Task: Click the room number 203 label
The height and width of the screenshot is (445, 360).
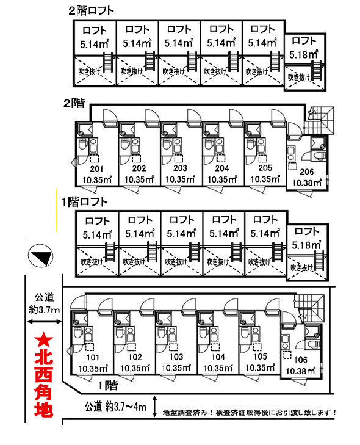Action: point(180,168)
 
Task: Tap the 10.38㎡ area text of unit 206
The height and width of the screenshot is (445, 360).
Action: point(307,182)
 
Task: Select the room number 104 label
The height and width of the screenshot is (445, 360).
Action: point(218,356)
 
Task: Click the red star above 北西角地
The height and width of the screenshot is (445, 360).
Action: point(43,341)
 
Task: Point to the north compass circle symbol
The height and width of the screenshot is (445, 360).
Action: point(40,255)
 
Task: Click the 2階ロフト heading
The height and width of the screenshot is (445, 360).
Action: point(91,11)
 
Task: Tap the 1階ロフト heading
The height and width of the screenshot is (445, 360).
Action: point(85,202)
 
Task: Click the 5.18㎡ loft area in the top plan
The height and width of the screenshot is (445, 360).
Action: point(304,54)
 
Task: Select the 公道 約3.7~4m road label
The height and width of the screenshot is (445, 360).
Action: point(115,407)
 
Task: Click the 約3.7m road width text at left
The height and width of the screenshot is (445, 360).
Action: point(45,309)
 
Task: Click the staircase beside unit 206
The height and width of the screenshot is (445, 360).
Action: point(319,120)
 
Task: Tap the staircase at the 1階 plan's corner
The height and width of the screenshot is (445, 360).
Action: point(309,308)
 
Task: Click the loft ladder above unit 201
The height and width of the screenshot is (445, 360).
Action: point(108,62)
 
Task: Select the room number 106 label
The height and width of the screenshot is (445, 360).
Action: point(300,360)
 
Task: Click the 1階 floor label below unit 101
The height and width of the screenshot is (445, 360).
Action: point(108,385)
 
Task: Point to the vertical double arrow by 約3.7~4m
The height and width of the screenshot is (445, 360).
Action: point(154,406)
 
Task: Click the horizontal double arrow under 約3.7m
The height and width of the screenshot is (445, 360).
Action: point(45,322)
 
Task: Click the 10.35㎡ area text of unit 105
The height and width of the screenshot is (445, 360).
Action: point(260,367)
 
